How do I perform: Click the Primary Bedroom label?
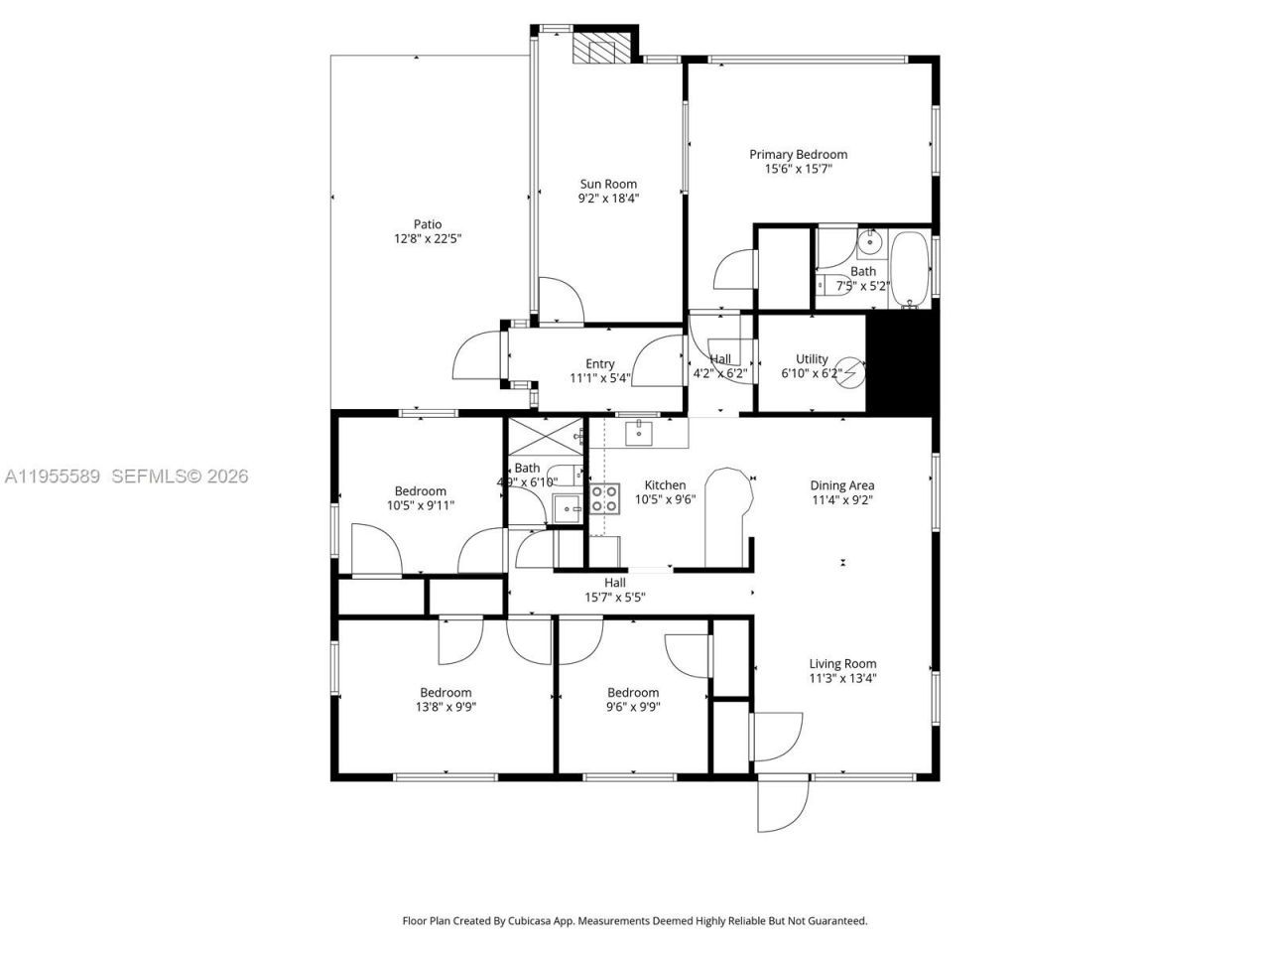click(x=798, y=155)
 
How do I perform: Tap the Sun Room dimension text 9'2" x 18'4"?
click(x=608, y=199)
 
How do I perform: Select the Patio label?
click(x=428, y=224)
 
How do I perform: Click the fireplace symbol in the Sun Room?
click(x=602, y=49)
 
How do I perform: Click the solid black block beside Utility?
click(x=901, y=363)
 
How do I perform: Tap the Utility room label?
click(x=812, y=359)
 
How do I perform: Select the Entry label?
click(x=599, y=364)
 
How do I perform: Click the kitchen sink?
click(x=639, y=432)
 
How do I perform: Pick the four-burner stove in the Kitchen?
click(x=603, y=498)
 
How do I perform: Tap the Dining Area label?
click(x=841, y=485)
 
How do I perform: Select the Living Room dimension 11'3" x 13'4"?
click(x=842, y=679)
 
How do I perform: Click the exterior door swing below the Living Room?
click(x=780, y=804)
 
